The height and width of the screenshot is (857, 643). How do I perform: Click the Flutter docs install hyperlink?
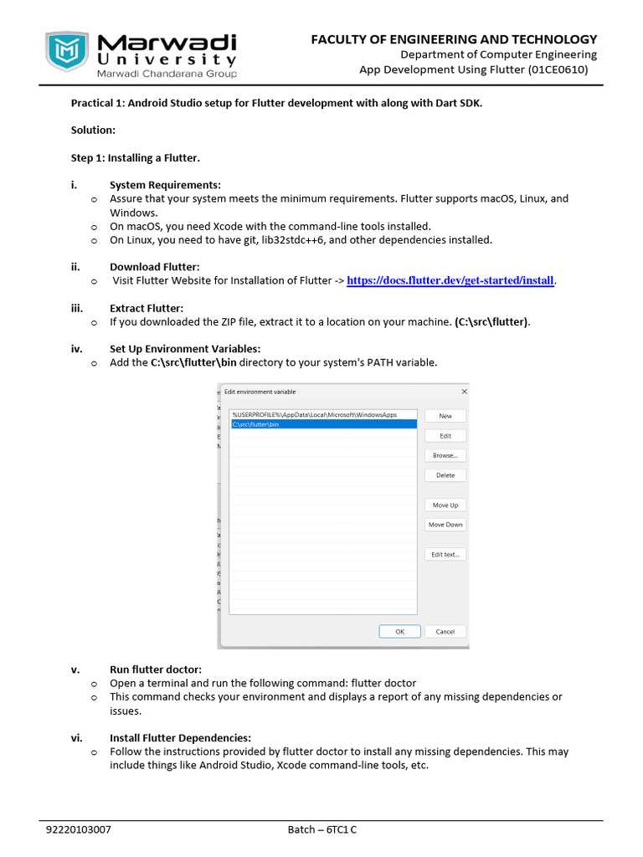[x=450, y=280]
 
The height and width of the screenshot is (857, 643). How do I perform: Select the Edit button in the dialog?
[x=445, y=436]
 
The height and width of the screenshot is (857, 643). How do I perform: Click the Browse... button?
[x=445, y=455]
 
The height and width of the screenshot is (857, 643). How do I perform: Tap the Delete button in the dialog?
[x=445, y=475]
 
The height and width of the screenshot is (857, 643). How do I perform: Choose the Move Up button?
[x=445, y=505]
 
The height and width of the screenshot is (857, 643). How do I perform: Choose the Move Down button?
[x=445, y=525]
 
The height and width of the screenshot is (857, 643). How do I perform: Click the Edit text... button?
[x=445, y=555]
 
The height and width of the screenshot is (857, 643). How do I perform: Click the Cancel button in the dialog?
[x=445, y=632]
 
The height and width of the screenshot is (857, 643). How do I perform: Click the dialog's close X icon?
[x=464, y=392]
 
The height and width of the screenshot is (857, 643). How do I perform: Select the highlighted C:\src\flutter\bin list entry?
[x=322, y=424]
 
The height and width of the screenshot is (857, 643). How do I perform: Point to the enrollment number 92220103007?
[x=79, y=830]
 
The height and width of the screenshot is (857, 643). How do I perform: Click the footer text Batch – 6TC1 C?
[x=322, y=830]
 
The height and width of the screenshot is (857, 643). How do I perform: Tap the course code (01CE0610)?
[x=558, y=70]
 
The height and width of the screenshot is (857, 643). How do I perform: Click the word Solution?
[x=93, y=131]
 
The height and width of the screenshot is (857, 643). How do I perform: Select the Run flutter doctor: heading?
[x=156, y=669]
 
